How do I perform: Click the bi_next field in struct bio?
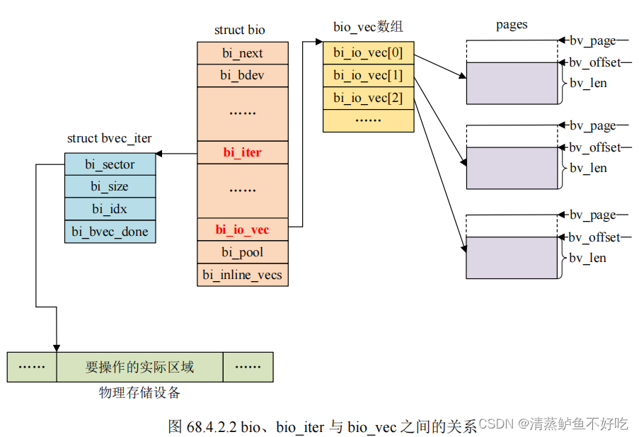(242, 53)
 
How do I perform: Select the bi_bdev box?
(242, 75)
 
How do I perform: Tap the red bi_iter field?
(242, 152)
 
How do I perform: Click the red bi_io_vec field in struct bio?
(242, 229)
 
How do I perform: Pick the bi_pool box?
(242, 252)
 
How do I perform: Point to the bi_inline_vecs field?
(242, 275)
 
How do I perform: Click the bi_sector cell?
(110, 164)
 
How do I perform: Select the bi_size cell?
(110, 186)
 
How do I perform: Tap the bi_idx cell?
(110, 208)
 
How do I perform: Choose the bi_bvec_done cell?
(110, 231)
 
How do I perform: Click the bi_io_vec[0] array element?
(368, 53)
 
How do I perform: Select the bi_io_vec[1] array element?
(368, 75)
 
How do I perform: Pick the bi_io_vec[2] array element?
(368, 98)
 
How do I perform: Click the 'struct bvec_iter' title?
(110, 138)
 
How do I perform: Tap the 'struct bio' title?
(240, 30)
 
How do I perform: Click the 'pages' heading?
(512, 25)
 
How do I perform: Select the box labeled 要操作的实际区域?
(139, 367)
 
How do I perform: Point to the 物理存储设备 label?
(139, 392)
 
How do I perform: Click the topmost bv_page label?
(592, 41)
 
